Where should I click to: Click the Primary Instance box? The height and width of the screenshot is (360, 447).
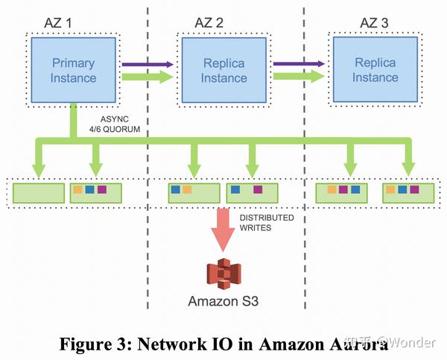coord(73,69)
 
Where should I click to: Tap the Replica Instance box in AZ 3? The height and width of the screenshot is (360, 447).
coord(375,69)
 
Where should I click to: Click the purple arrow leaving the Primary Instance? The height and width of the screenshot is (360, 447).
coord(146,64)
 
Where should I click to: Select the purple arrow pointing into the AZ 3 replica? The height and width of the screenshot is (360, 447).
coord(298,64)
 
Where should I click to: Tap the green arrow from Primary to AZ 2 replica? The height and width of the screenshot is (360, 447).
coord(146,76)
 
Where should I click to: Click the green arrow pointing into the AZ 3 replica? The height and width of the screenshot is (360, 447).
coord(298,76)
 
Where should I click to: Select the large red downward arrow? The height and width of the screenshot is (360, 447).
coord(223,227)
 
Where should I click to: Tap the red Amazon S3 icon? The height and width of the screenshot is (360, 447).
coord(222,273)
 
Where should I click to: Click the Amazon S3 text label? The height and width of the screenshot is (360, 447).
coord(222,301)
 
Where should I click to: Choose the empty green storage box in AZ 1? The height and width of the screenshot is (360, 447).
coord(39,192)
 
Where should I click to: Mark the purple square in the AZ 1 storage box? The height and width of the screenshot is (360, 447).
coord(101,190)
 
